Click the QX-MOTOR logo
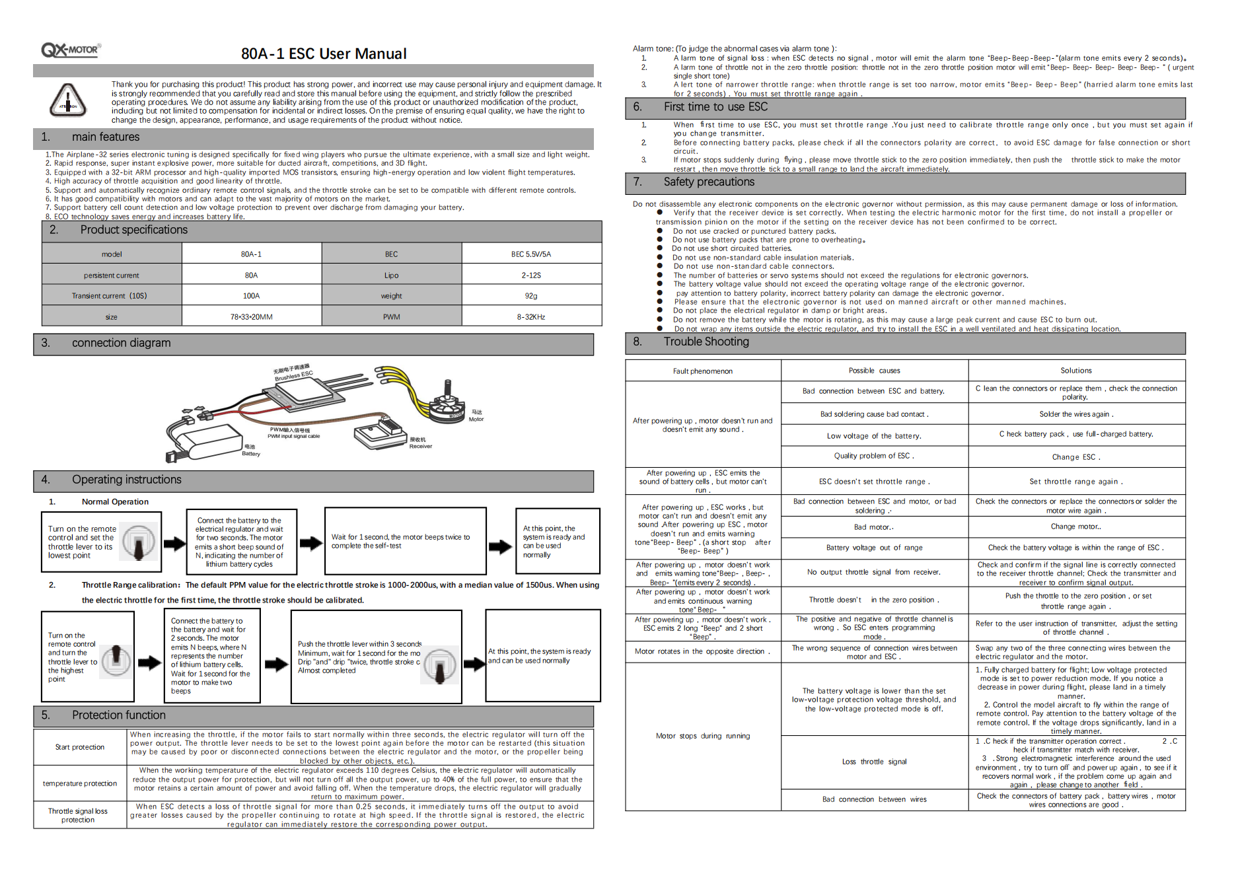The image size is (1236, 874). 71,50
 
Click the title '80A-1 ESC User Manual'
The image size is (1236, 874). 324,54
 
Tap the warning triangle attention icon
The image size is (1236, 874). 68,100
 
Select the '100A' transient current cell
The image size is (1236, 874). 251,296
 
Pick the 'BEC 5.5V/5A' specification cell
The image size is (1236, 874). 530,254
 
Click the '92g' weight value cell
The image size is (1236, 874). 530,296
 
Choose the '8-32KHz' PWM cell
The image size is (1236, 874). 530,317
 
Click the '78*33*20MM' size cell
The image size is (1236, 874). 251,317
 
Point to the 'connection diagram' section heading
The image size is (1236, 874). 121,343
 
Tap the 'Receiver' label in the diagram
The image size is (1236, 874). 421,447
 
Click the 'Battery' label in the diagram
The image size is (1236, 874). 251,454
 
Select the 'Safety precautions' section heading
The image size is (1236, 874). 709,182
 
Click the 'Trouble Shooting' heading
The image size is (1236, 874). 706,342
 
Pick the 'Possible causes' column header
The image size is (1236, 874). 874,371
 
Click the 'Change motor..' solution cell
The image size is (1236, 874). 1075,527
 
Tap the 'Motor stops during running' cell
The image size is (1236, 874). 702,736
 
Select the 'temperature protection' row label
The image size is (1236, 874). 80,783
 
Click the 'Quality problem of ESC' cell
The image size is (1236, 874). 874,456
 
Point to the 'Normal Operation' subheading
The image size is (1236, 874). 115,502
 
